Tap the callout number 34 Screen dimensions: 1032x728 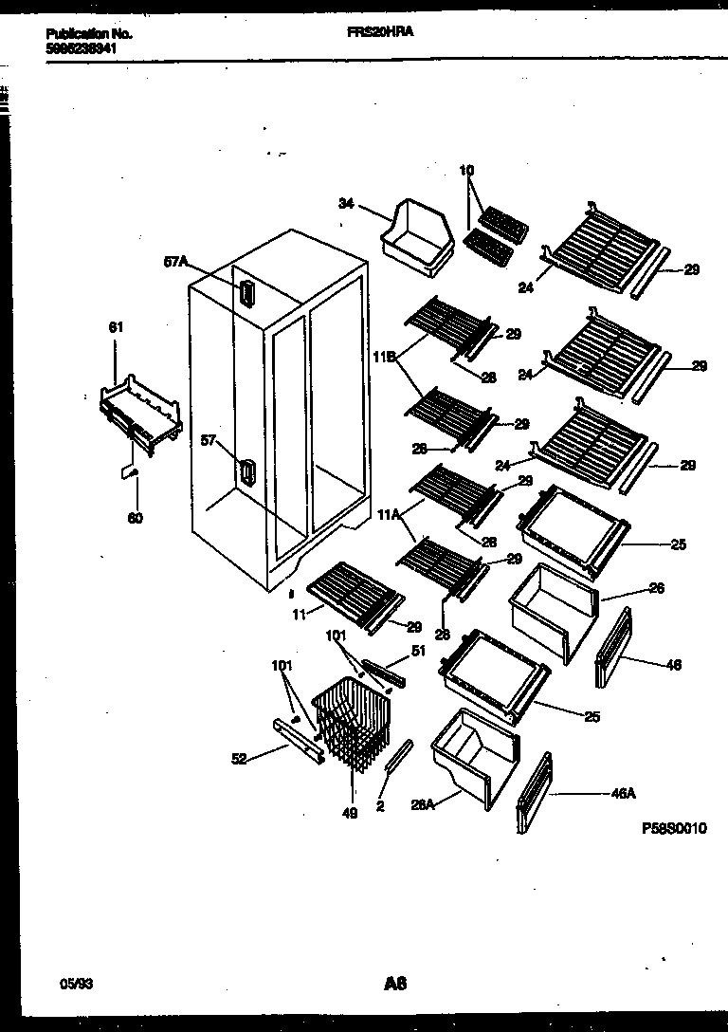348,202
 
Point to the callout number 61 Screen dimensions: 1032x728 116,327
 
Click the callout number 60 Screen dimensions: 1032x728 136,518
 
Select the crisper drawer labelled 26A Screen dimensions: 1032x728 474,760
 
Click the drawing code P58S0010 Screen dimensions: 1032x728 674,828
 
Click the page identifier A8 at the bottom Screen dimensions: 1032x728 395,958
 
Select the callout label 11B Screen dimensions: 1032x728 384,357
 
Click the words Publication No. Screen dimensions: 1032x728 89,33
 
